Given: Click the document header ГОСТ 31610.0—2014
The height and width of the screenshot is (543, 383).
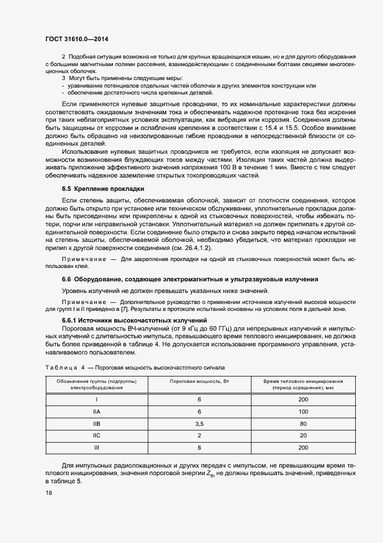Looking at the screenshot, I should tap(76, 39).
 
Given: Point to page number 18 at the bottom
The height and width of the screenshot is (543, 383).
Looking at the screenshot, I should tap(48, 493).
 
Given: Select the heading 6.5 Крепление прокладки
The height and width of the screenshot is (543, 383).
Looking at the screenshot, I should tap(103, 189).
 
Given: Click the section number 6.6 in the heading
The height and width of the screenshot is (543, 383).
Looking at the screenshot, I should tap(67, 279).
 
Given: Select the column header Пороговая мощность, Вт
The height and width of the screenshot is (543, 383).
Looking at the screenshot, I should tap(199, 381).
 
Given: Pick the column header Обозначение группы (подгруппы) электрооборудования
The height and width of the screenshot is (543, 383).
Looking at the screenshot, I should tap(97, 384).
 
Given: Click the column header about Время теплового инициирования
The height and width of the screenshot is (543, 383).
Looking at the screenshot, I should tap(303, 384).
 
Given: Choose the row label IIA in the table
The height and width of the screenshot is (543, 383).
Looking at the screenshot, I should tap(97, 411).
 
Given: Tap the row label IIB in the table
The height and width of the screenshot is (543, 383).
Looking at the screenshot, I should tap(97, 423).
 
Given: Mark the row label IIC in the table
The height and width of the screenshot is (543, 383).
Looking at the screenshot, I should tap(97, 436).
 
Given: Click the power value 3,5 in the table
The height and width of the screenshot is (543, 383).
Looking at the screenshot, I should tap(199, 423).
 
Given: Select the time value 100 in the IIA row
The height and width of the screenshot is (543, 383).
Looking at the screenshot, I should tap(303, 411).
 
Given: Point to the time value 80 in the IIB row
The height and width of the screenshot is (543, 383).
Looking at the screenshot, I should tap(303, 423).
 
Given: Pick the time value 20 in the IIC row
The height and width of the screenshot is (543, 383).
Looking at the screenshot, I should tap(303, 436).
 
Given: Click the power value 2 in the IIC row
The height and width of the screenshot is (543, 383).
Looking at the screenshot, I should tap(199, 436).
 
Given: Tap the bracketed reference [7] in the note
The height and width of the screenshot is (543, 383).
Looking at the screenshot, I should tap(151, 310).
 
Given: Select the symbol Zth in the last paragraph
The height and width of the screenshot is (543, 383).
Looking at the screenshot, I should tap(217, 475).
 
